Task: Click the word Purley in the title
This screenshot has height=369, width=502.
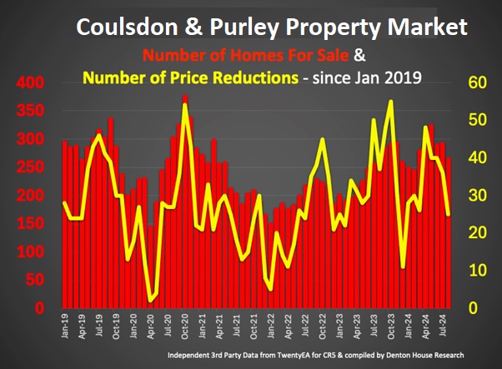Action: pos(242,28)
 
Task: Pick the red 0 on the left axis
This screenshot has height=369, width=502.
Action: pos(38,308)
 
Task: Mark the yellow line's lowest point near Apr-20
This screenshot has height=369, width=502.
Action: pos(151,301)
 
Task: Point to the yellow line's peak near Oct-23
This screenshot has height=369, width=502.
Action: pos(390,102)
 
